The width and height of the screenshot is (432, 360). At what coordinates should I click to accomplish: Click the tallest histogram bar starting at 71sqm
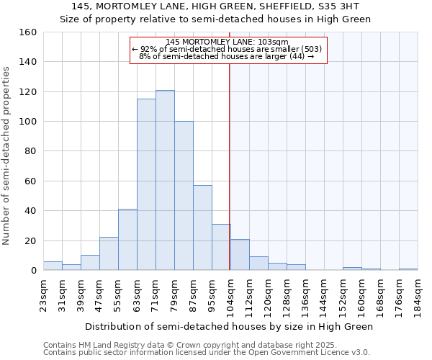click(x=165, y=180)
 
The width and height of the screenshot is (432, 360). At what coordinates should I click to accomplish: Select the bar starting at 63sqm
click(x=146, y=184)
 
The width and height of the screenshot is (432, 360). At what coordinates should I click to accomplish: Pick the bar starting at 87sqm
click(x=202, y=228)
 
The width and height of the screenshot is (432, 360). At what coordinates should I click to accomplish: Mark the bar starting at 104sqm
click(x=240, y=255)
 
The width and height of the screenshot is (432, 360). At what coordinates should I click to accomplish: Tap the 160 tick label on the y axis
click(x=28, y=32)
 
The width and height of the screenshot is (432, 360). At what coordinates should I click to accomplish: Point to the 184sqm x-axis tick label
click(x=418, y=296)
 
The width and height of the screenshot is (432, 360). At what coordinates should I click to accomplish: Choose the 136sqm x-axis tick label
click(x=305, y=296)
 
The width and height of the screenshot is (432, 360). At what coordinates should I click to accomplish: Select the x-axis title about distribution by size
click(x=228, y=326)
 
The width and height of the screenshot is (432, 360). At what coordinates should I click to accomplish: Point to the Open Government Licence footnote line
click(x=207, y=353)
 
